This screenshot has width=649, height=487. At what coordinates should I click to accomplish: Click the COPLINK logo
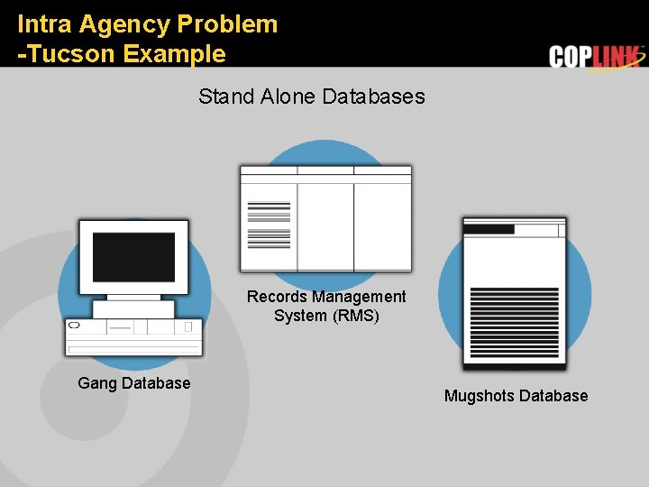(596, 57)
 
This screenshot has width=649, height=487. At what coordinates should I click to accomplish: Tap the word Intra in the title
(44, 24)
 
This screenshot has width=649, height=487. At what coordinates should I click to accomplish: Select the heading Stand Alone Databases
(311, 96)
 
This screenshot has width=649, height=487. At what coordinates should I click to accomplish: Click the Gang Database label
(134, 383)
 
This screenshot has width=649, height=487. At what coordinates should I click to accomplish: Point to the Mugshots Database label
(516, 396)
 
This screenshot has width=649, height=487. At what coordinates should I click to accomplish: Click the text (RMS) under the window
(356, 317)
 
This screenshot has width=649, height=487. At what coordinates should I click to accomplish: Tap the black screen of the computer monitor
(133, 256)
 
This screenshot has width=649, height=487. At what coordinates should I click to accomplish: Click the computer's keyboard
(133, 348)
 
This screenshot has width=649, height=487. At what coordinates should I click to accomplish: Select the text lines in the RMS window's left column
(269, 224)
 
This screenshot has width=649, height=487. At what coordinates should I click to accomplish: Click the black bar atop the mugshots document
(488, 229)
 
